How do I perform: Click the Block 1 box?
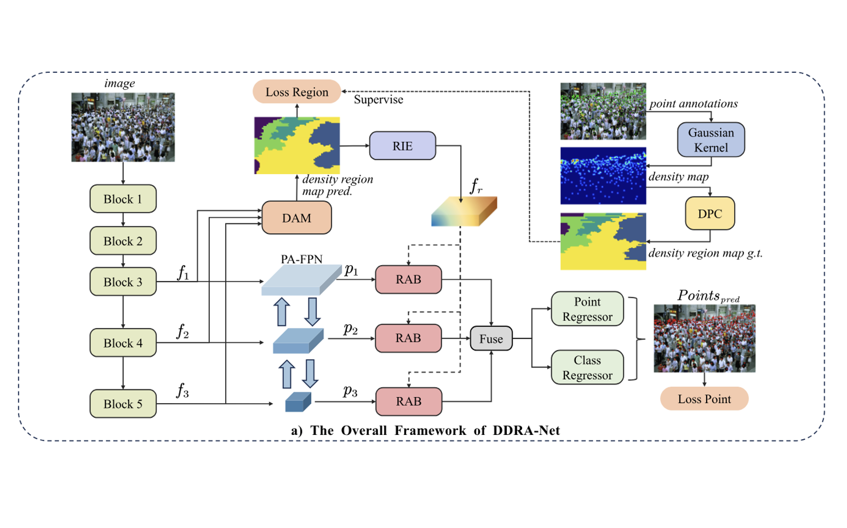pyautogui.click(x=123, y=199)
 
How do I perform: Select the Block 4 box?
pyautogui.click(x=123, y=343)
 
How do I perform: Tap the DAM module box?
pyautogui.click(x=296, y=218)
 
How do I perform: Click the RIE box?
pyautogui.click(x=402, y=146)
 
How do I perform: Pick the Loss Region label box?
pyautogui.click(x=296, y=92)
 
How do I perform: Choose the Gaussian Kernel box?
pyautogui.click(x=711, y=140)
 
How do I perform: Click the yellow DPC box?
pyautogui.click(x=709, y=214)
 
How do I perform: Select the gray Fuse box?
pyautogui.click(x=491, y=338)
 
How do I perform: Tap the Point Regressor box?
pyautogui.click(x=587, y=309)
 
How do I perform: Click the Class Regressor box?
pyautogui.click(x=587, y=368)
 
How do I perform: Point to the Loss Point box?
pyautogui.click(x=704, y=399)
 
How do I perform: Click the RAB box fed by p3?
pyautogui.click(x=408, y=401)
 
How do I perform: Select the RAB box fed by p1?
pyautogui.click(x=408, y=279)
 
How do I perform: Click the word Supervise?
pyautogui.click(x=378, y=100)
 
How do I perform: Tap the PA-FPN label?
pyautogui.click(x=301, y=259)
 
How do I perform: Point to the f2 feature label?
pyautogui.click(x=182, y=331)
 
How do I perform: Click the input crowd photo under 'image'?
pyautogui.click(x=123, y=127)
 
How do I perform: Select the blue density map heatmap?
pyautogui.click(x=603, y=176)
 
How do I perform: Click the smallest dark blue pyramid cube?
pyautogui.click(x=298, y=403)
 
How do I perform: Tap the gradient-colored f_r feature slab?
pyautogui.click(x=463, y=211)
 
